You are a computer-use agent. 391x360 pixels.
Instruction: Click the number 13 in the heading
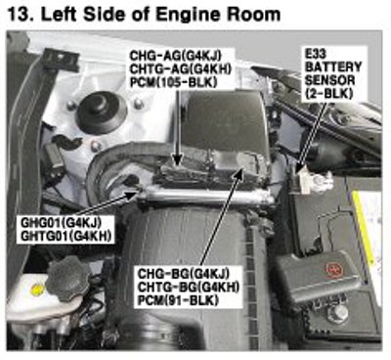[18, 14]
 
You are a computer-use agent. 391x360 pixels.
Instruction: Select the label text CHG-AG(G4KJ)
[176, 56]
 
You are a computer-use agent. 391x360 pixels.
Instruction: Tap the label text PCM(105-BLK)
[174, 82]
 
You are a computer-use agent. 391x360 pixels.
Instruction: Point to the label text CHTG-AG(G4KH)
[181, 68]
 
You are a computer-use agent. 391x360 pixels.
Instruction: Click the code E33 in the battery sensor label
[316, 54]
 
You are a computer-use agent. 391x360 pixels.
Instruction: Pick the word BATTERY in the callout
[333, 67]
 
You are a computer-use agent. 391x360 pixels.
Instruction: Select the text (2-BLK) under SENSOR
[329, 94]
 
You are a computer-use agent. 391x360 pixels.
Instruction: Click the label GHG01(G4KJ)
[61, 223]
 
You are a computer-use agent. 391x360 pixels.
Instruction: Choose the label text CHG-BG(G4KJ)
[184, 274]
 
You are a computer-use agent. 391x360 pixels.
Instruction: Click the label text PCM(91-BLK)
[178, 300]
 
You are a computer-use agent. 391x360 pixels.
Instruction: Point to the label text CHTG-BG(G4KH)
[189, 287]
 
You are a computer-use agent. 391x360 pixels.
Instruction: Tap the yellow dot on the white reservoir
[37, 289]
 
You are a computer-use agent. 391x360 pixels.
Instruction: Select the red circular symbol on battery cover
[334, 270]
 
